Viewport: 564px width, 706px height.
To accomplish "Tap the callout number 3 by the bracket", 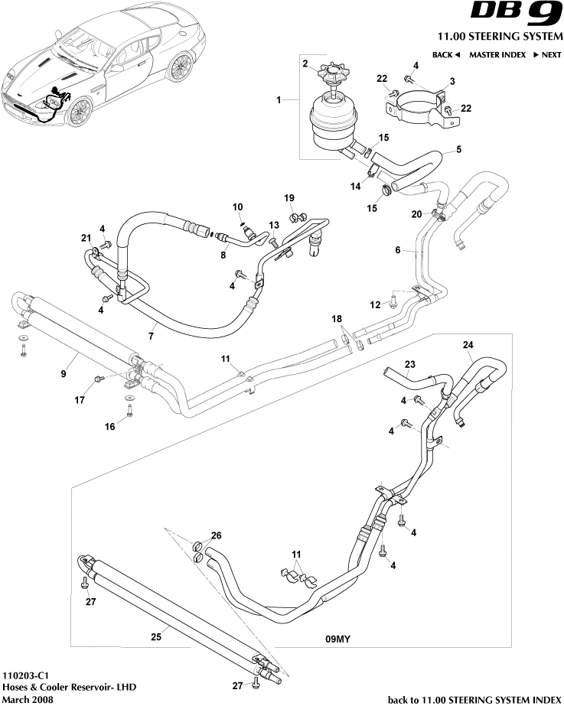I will pyautogui.click(x=452, y=81).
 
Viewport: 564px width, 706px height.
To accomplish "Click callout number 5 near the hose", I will pyautogui.click(x=458, y=149).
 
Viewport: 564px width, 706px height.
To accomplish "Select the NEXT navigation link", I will pyautogui.click(x=541, y=55).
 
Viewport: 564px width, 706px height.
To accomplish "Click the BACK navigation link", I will pyautogui.click(x=446, y=55).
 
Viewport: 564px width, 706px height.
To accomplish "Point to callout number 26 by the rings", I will pyautogui.click(x=216, y=535).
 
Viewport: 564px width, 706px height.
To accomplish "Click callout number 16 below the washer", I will pyautogui.click(x=110, y=427).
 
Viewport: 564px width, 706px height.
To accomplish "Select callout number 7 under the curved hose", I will pyautogui.click(x=152, y=337).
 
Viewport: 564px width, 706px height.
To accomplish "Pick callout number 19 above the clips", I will pyautogui.click(x=289, y=198).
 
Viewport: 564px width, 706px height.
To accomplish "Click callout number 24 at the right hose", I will pyautogui.click(x=468, y=344).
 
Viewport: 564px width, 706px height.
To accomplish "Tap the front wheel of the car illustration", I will pyautogui.click(x=78, y=113).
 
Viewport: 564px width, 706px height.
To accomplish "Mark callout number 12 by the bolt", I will pyautogui.click(x=375, y=305).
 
